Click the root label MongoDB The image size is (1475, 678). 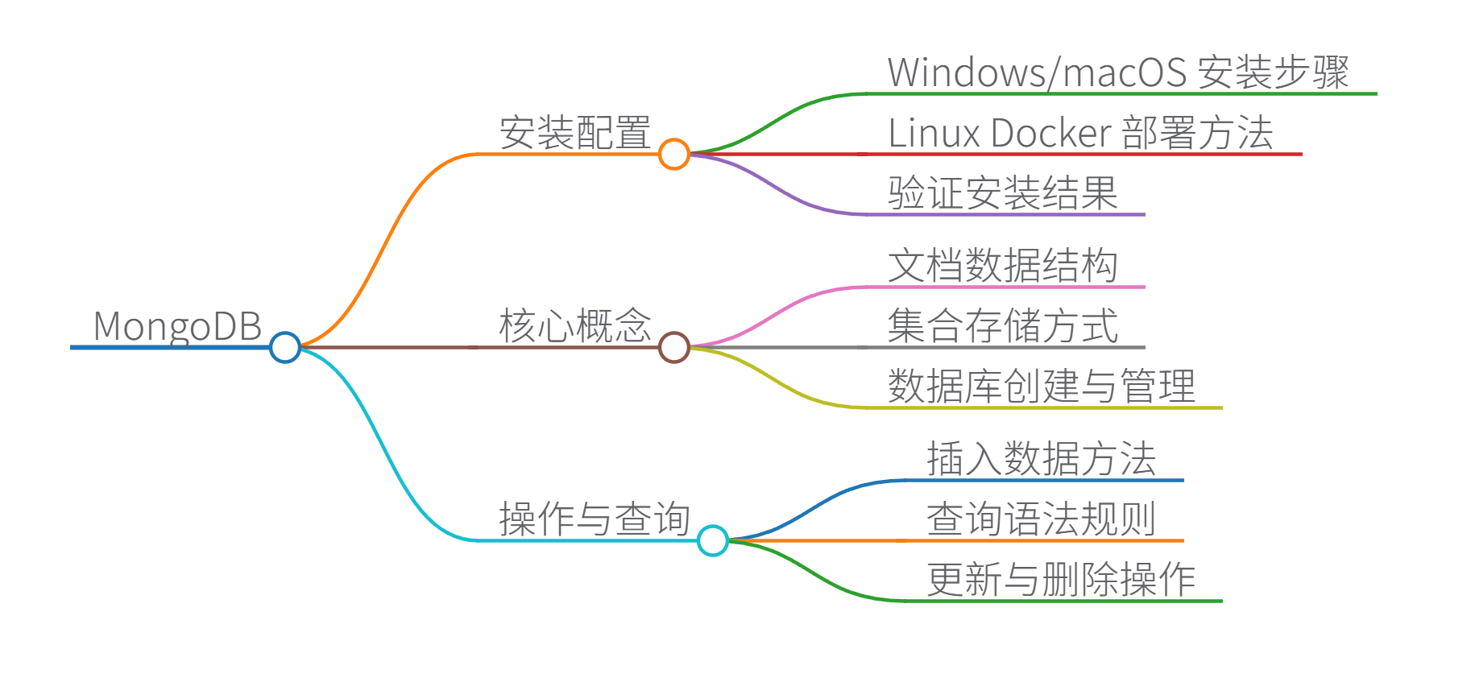[x=177, y=326]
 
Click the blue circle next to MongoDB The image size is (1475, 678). [x=284, y=347]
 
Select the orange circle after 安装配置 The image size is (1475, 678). [x=673, y=154]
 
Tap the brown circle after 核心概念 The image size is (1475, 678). [x=673, y=347]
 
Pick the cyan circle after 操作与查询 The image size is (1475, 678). [x=712, y=540]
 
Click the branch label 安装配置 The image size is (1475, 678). [x=574, y=133]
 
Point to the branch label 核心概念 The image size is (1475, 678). [x=574, y=326]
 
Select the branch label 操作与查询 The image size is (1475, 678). [x=594, y=519]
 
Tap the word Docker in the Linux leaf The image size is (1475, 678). [x=1050, y=133]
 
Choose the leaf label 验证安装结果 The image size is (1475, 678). [x=1003, y=193]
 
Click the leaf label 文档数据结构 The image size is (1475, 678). [x=1003, y=266]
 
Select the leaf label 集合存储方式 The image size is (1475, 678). [x=1003, y=326]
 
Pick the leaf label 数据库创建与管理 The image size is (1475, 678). [x=1042, y=387]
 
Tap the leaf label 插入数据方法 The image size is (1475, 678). [x=1042, y=459]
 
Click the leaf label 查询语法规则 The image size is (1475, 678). [x=1042, y=519]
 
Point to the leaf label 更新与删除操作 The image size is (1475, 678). [x=1061, y=580]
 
